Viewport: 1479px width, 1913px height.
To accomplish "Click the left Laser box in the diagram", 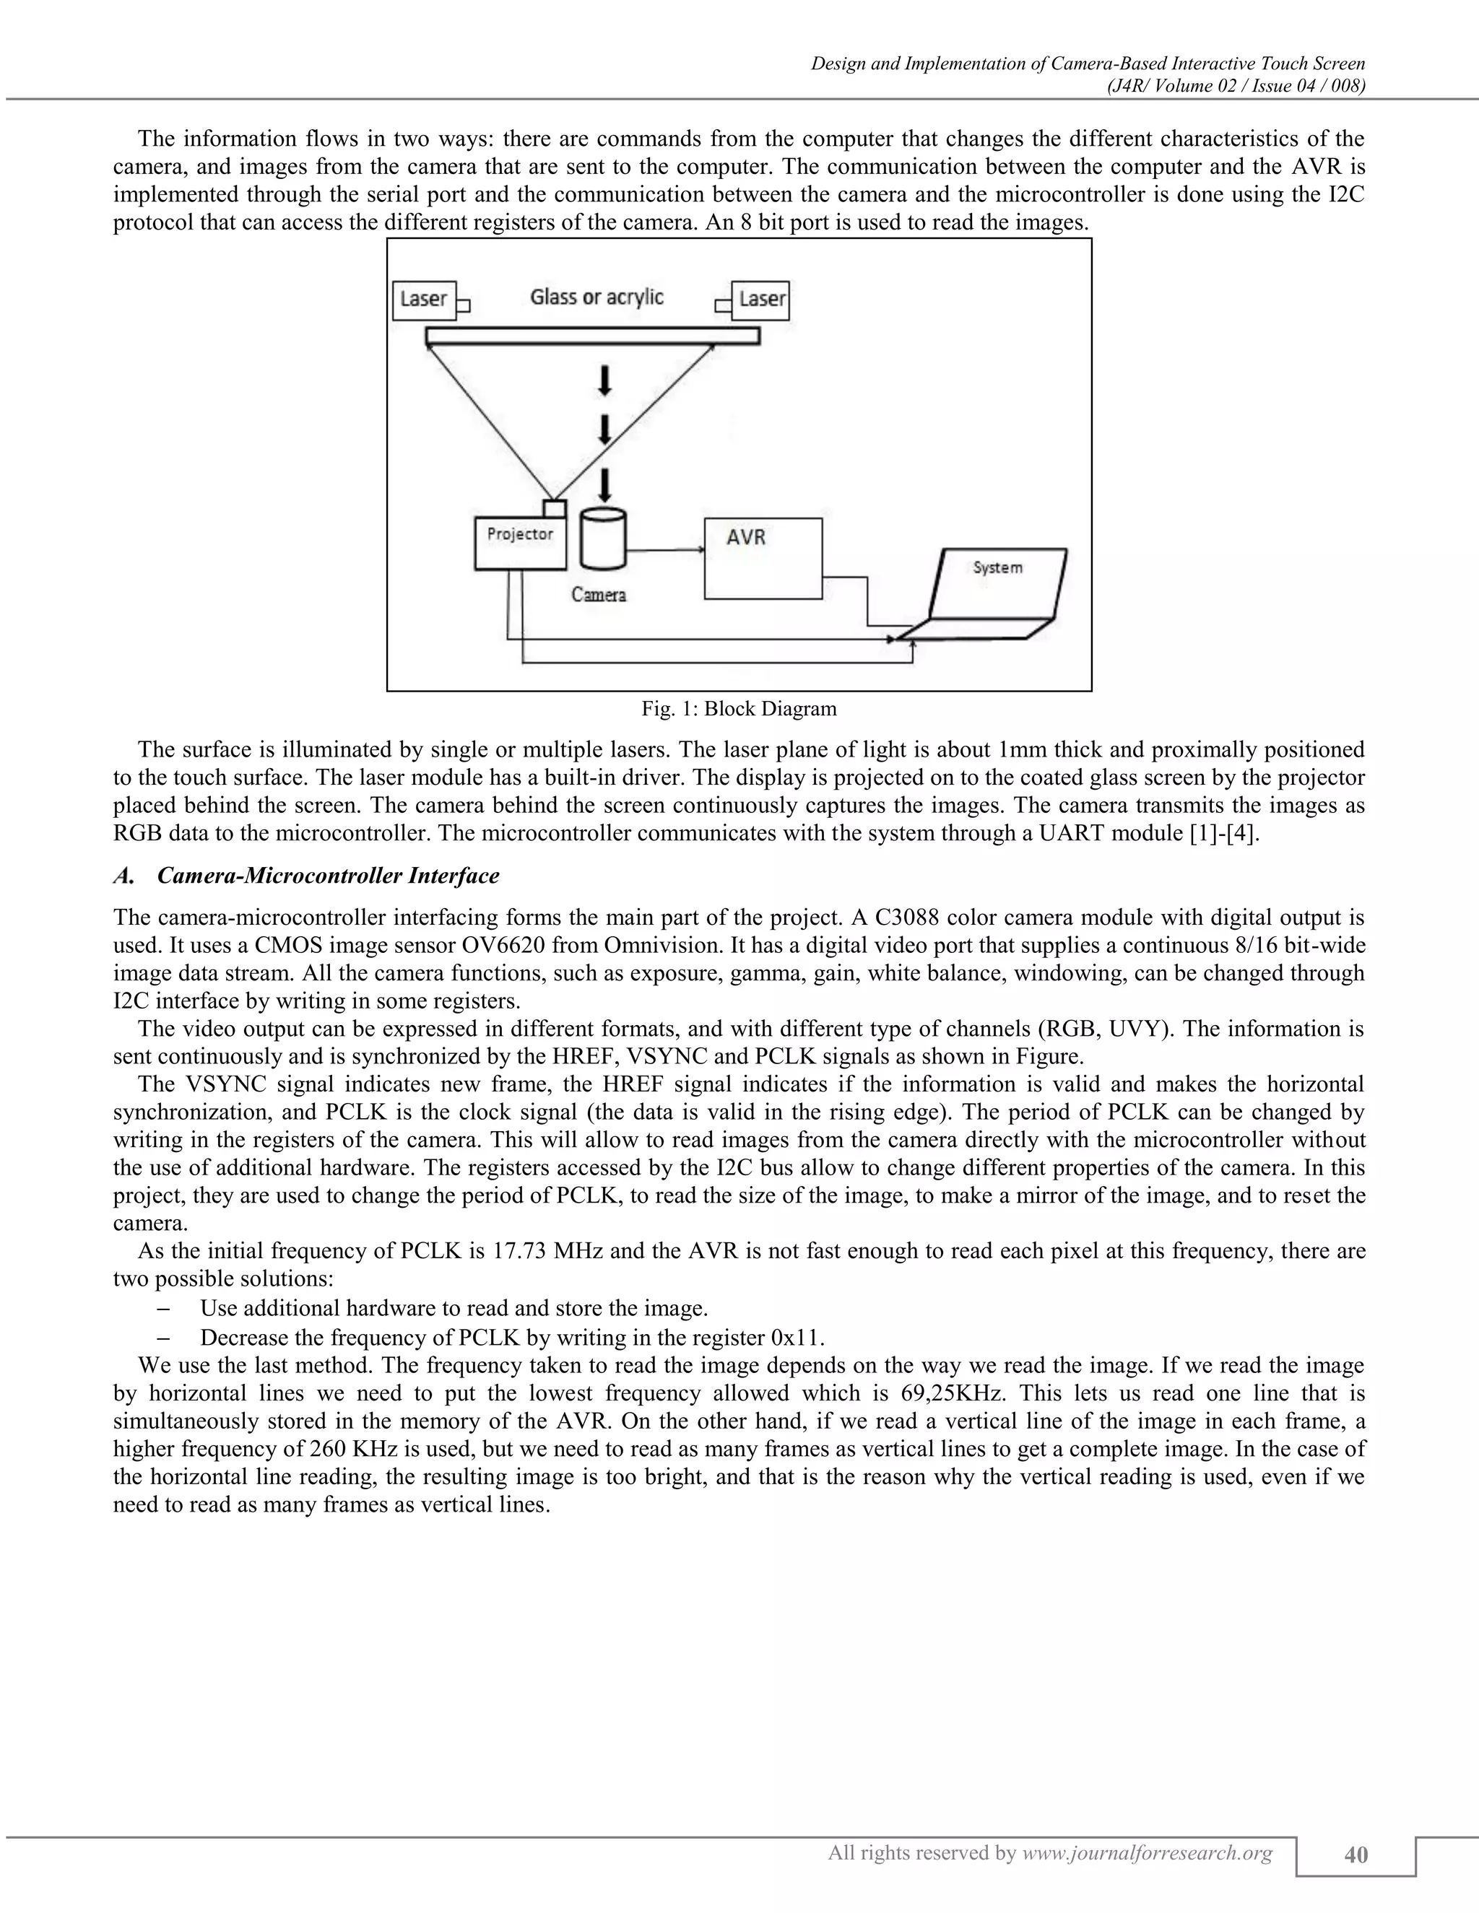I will coord(424,300).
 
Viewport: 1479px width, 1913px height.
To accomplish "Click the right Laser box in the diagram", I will coord(761,300).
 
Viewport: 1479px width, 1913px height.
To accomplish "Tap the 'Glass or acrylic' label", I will coord(597,297).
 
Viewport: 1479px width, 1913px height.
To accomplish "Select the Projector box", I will coord(519,543).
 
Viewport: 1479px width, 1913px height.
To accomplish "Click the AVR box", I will coord(763,559).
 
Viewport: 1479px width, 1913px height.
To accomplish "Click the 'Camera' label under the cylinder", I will coord(599,595).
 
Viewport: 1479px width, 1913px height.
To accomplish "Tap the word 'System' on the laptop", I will coord(998,567).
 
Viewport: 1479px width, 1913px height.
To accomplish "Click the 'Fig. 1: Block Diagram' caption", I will coord(739,709).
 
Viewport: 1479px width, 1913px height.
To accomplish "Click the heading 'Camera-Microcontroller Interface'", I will coord(328,876).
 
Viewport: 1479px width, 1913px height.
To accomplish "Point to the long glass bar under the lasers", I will coord(592,336).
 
